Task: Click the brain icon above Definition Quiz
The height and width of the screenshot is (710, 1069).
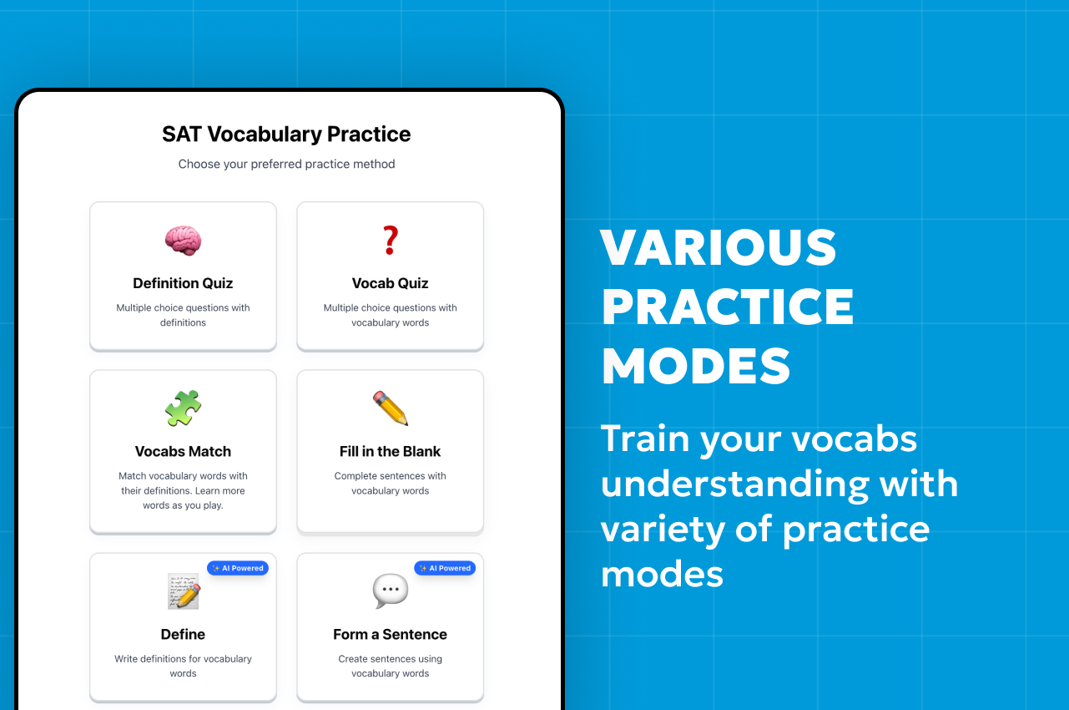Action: (x=183, y=241)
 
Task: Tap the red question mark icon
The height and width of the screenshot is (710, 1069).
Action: (x=390, y=241)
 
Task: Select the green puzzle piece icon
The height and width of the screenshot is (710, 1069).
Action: (x=183, y=408)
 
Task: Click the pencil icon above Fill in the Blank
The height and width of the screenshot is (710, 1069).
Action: (x=390, y=408)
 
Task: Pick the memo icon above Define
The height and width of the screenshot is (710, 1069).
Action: (x=183, y=591)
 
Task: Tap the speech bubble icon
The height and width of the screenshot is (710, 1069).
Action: (x=390, y=591)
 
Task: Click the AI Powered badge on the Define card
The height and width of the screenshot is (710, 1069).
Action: (x=238, y=568)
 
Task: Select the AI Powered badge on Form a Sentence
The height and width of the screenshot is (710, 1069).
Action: (x=445, y=568)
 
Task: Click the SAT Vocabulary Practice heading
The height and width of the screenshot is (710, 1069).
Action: (x=286, y=134)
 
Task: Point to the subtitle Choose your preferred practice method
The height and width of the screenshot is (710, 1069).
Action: (x=286, y=164)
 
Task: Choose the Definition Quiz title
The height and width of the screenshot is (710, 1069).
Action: (x=183, y=283)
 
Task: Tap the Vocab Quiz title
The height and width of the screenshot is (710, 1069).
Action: (x=390, y=283)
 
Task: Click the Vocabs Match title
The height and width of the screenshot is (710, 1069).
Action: (x=183, y=451)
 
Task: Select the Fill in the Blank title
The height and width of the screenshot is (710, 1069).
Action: (x=390, y=451)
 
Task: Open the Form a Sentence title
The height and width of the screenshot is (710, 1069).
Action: (x=390, y=634)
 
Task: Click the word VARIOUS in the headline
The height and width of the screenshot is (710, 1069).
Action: (x=719, y=248)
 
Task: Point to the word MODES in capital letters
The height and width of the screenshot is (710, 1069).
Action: (x=696, y=366)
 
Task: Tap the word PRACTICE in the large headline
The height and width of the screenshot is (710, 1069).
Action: (x=728, y=307)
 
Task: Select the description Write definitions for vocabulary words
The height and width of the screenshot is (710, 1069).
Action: (x=183, y=666)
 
